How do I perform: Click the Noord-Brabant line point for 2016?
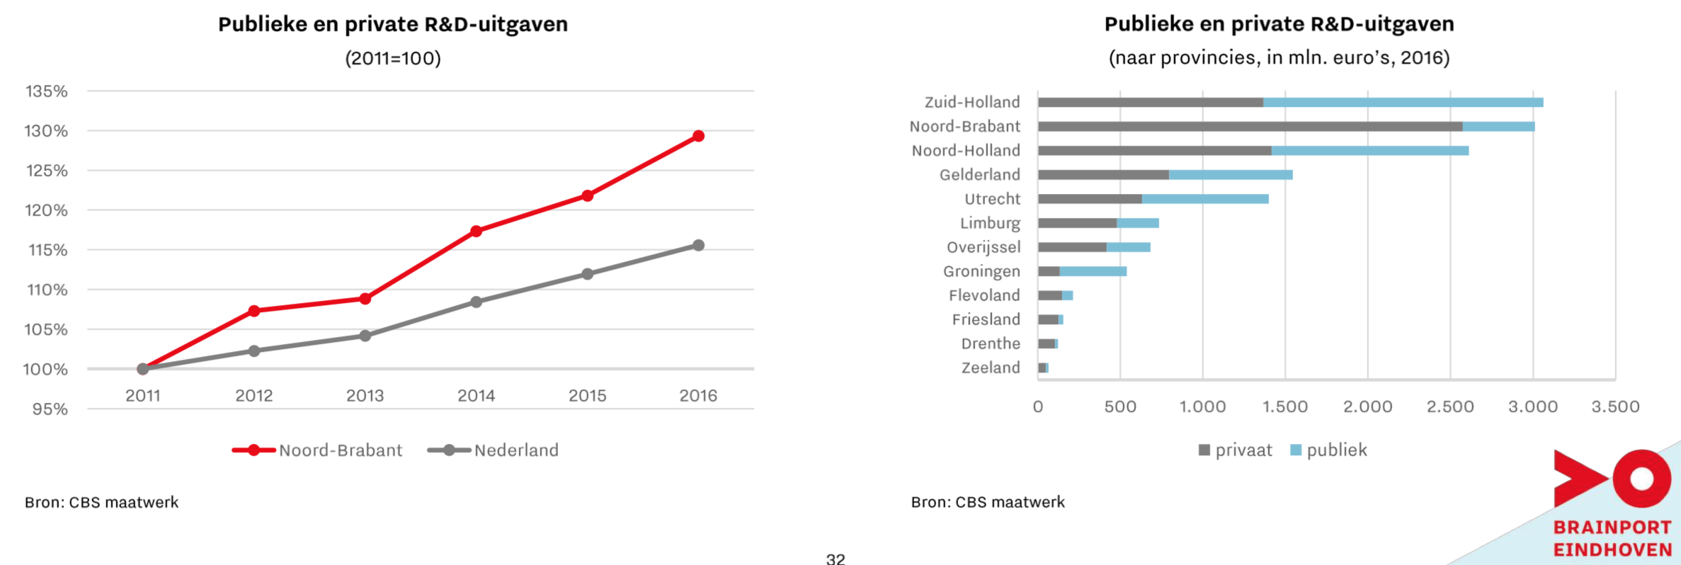(698, 136)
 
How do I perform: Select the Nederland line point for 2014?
(476, 302)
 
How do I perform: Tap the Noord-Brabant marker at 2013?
(365, 299)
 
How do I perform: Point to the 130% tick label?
(47, 131)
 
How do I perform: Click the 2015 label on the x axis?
(587, 396)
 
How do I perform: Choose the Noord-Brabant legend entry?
(318, 450)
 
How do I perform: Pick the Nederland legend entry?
(494, 450)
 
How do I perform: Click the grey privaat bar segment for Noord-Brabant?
(1250, 127)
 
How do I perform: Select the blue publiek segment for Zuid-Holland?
(1402, 103)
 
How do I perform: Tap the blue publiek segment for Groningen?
(1093, 271)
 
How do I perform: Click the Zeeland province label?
(991, 367)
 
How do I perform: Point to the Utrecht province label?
(992, 199)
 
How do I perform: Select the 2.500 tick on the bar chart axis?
(1450, 407)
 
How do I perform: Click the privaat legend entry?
(1236, 450)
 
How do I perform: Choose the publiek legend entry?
(1329, 450)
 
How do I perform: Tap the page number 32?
(836, 559)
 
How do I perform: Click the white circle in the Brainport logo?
(1641, 479)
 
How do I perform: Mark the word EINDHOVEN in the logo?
(1612, 549)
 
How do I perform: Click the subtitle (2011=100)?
(393, 58)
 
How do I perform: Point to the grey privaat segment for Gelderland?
(1103, 175)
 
